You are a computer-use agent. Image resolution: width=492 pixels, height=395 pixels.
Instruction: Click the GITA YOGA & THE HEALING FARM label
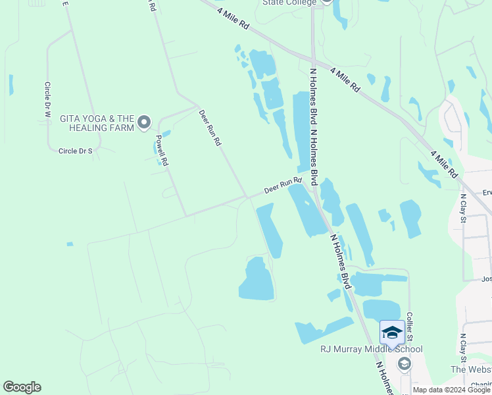click(x=97, y=123)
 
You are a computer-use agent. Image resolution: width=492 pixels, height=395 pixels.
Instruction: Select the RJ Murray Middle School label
click(x=371, y=349)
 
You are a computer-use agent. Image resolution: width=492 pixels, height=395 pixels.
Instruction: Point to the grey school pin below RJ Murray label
click(x=405, y=364)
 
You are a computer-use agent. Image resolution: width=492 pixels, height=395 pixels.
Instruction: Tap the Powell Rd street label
click(x=162, y=150)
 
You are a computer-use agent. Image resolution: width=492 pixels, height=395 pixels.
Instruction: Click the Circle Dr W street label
click(x=47, y=100)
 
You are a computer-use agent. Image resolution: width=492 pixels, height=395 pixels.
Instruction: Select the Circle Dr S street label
click(x=76, y=151)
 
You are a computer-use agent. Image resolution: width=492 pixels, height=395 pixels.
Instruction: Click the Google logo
click(x=22, y=387)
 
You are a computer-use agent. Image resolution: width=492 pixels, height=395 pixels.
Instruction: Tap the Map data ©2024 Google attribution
click(x=452, y=390)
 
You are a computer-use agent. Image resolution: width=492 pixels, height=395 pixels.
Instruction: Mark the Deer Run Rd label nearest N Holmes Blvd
click(x=282, y=185)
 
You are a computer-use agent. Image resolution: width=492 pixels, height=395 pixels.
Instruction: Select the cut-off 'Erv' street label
click(x=487, y=193)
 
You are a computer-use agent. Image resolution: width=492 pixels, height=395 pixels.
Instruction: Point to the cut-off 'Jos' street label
click(x=486, y=278)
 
